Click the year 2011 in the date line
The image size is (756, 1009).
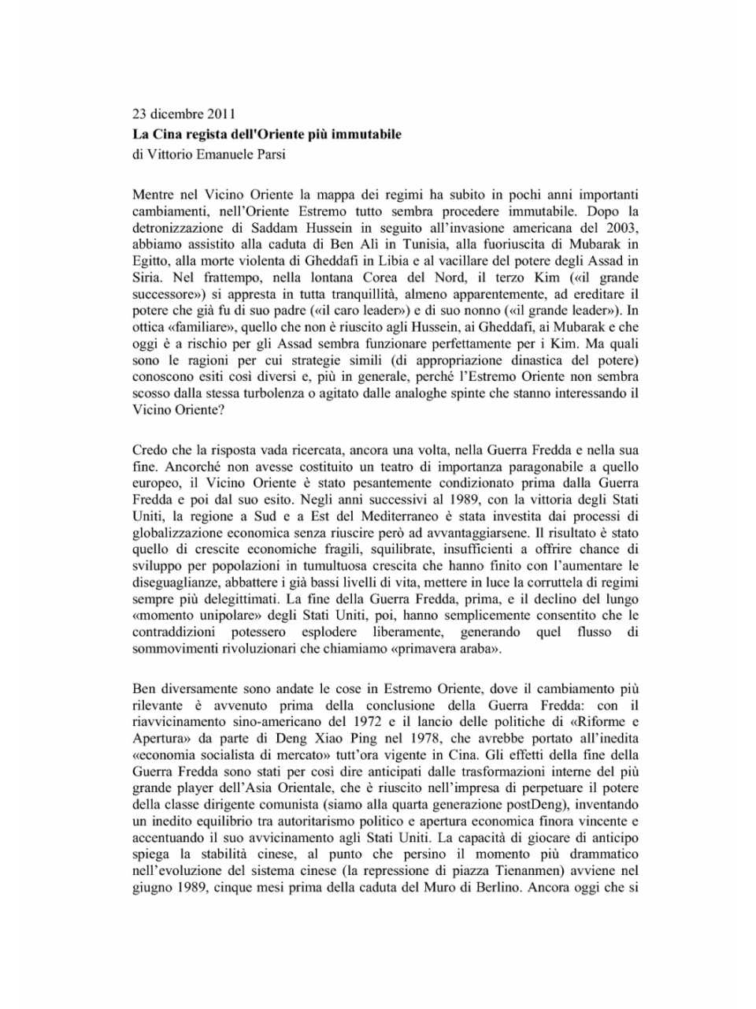tap(221, 114)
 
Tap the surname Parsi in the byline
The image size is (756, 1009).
tap(270, 155)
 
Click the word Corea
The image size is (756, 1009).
tap(380, 277)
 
